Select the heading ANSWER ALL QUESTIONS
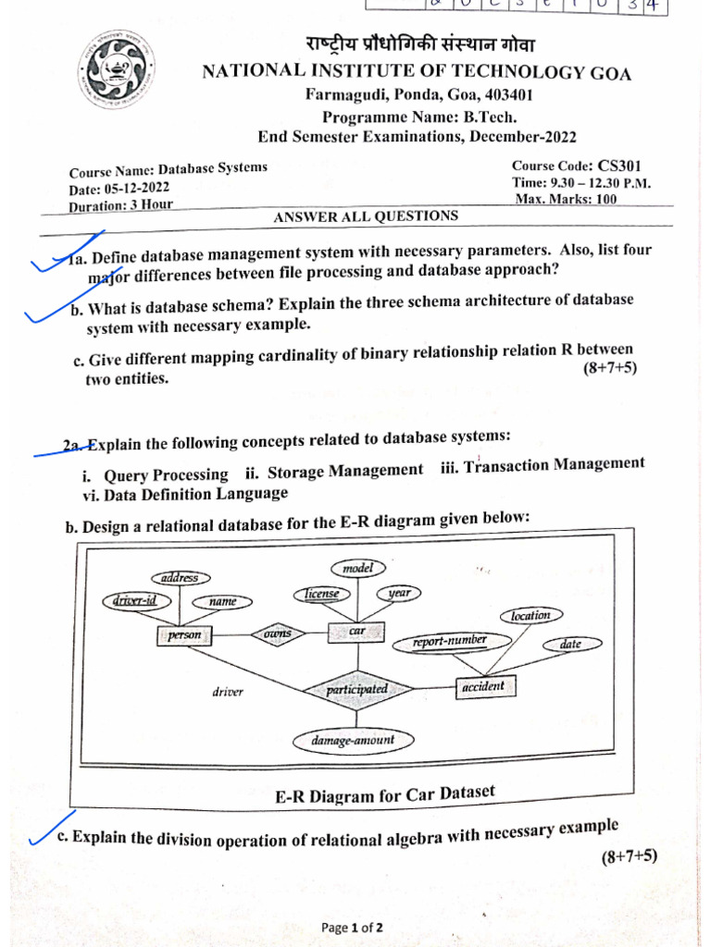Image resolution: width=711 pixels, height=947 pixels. coord(366,216)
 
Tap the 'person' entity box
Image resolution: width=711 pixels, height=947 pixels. coord(184,636)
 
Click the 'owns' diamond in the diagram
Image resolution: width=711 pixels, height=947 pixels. coord(277,633)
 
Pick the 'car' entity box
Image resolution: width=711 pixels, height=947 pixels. coord(356,632)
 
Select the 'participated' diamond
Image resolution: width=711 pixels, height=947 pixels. coord(356,689)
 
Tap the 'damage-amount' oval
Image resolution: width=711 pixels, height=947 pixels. coord(353,740)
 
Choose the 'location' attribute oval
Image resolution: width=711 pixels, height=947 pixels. coord(530,615)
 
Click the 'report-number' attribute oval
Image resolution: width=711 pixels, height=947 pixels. coord(450,640)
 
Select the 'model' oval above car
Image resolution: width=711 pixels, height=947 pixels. coord(357,569)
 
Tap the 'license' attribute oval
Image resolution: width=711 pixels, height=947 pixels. coord(321,594)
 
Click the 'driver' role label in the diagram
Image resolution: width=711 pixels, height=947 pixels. coord(228,692)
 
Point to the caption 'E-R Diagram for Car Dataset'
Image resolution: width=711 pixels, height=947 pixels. coord(384,794)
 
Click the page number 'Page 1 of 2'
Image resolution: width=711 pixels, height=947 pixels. coord(352,928)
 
